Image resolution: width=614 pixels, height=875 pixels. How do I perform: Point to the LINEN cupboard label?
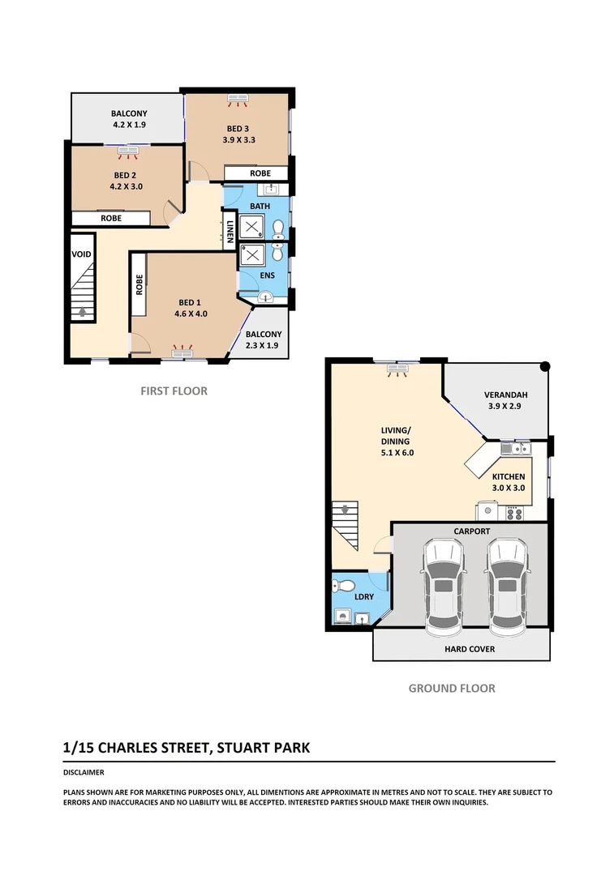tap(230, 231)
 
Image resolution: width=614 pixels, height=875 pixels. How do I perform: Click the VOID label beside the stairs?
tap(82, 254)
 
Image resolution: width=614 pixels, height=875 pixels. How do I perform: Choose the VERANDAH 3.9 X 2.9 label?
tap(503, 401)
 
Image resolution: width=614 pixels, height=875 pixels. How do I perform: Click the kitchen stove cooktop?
tap(514, 512)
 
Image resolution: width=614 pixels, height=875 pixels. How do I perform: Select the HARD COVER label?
tap(470, 649)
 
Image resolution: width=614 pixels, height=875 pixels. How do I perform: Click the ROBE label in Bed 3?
tap(260, 173)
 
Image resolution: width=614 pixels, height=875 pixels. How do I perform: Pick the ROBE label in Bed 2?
tap(111, 219)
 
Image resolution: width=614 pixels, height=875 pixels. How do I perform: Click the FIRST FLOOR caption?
tap(174, 391)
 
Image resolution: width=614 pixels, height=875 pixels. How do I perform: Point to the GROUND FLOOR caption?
tap(451, 689)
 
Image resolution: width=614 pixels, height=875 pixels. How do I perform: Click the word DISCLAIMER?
tap(83, 773)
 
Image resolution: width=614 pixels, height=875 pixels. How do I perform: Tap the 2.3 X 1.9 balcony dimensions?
tap(264, 346)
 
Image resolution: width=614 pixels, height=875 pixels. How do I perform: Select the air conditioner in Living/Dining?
tap(397, 369)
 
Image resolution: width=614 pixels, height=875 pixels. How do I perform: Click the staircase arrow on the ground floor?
tap(345, 510)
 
